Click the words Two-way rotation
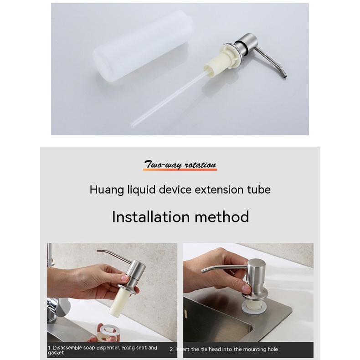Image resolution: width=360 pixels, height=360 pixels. tap(180, 165)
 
